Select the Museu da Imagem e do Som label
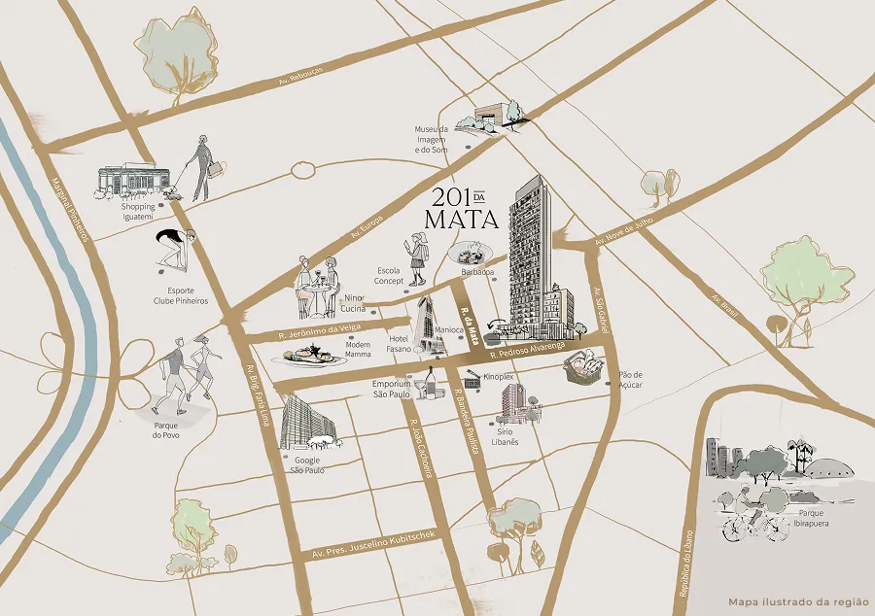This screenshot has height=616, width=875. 431,139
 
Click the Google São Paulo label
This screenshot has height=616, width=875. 306,463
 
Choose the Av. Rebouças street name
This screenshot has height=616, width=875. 299,79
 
